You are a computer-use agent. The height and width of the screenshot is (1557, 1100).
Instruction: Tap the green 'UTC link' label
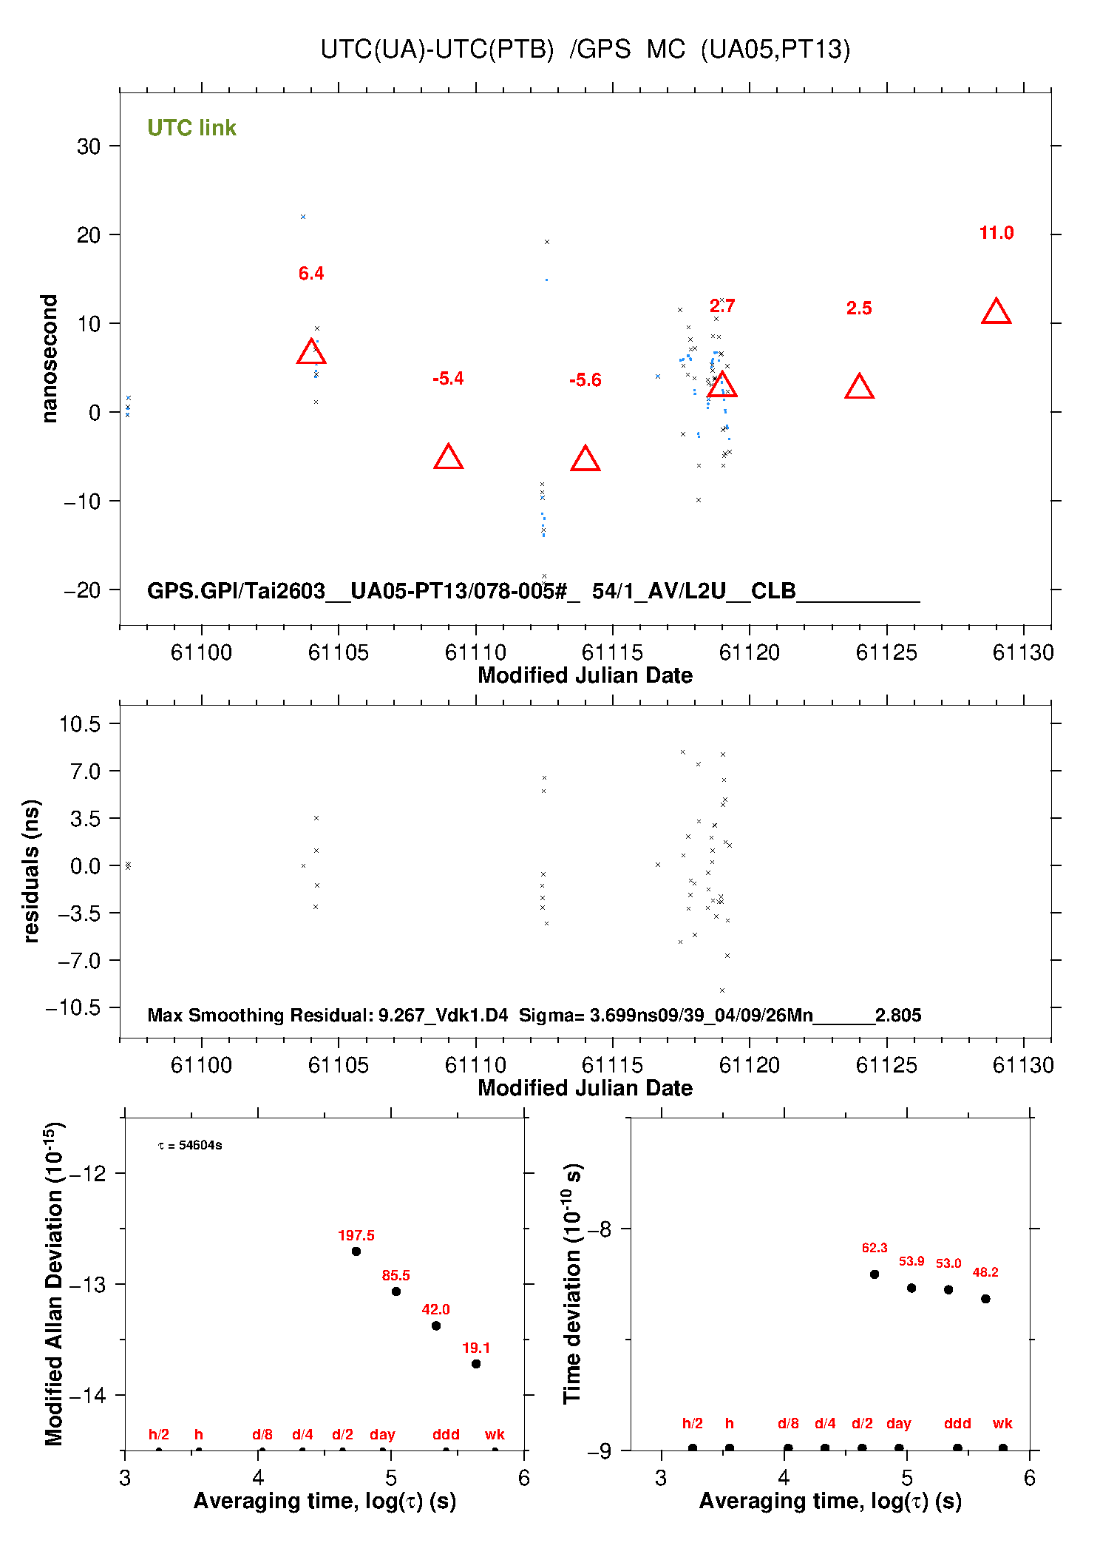point(191,128)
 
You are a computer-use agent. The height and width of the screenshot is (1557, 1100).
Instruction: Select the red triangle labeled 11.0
point(996,312)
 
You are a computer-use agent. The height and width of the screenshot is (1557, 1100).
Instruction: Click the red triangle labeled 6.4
point(311,352)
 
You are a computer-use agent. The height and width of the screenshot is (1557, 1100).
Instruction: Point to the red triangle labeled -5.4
point(448,458)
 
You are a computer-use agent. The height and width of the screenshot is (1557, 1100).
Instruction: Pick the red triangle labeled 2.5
point(859,387)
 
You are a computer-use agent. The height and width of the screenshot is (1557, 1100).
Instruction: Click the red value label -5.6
point(585,380)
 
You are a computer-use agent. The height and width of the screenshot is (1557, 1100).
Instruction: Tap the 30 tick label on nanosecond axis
point(89,146)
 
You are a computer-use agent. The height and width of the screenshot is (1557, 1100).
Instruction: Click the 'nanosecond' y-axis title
point(50,359)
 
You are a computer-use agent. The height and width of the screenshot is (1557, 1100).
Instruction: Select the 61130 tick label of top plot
point(1023,652)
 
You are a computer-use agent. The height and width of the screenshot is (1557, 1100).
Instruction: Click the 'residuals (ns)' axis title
point(31,871)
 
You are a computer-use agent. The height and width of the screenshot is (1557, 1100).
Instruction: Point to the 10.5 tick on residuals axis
point(80,724)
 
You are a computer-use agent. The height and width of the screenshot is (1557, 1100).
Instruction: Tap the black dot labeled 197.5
point(356,1252)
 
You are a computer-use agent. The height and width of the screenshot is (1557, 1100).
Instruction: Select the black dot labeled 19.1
point(476,1364)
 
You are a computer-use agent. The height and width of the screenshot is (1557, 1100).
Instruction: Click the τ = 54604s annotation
point(190,1146)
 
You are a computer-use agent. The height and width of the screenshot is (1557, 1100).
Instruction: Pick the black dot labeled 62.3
point(875,1274)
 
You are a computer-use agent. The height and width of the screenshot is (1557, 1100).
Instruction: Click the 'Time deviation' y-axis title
point(572,1283)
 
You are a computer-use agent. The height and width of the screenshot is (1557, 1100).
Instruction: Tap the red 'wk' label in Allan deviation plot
point(495,1434)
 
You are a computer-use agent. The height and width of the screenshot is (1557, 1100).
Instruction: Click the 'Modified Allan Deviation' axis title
point(54,1283)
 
